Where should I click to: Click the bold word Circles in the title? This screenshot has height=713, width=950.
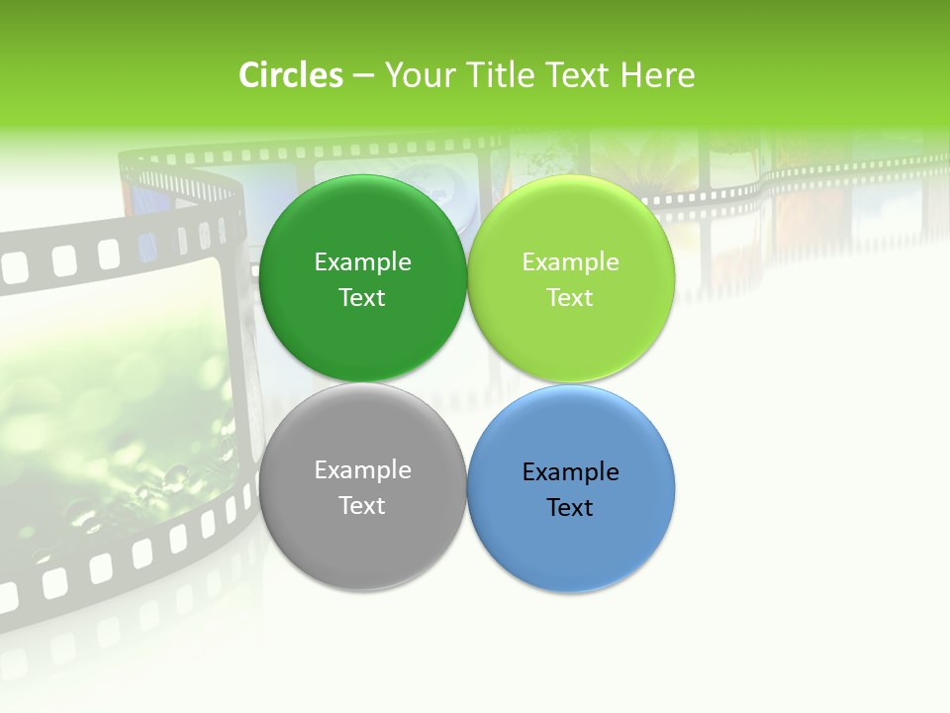click(290, 75)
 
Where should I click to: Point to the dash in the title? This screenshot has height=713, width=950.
click(363, 76)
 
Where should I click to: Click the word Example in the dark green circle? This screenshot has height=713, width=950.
click(362, 261)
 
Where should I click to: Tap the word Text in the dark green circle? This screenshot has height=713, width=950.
click(362, 297)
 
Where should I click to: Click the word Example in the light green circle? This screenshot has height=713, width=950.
click(570, 261)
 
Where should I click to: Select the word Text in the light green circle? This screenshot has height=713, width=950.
click(570, 297)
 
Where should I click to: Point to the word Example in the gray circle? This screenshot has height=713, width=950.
click(362, 469)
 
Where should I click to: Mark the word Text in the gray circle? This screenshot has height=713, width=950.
click(362, 505)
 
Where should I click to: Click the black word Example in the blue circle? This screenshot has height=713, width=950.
click(570, 471)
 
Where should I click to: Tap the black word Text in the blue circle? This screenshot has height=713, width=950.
click(570, 507)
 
